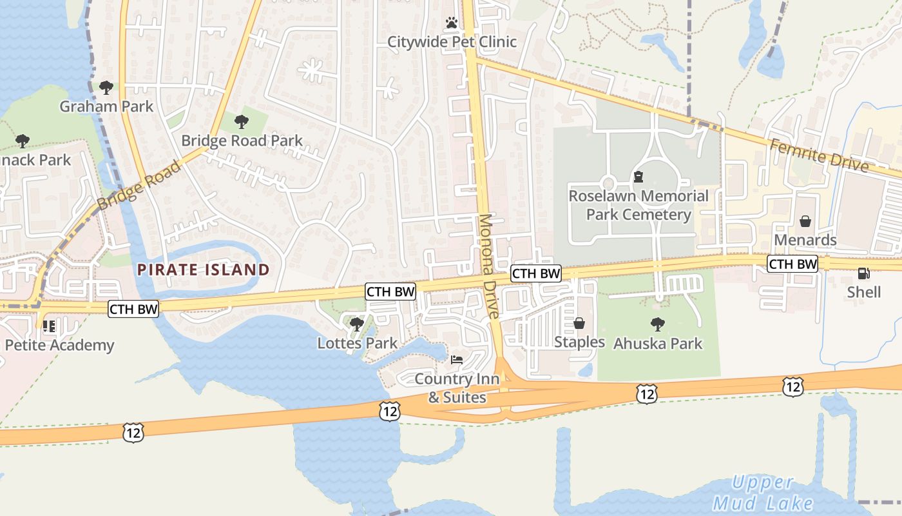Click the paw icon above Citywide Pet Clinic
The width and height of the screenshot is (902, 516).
tap(452, 23)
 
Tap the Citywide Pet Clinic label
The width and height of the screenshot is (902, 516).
tap(452, 42)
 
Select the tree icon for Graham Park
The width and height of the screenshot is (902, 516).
tap(106, 87)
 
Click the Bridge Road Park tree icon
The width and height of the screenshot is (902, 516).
tap(242, 121)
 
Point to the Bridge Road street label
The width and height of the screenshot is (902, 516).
tap(139, 186)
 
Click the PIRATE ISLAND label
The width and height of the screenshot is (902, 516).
tap(203, 270)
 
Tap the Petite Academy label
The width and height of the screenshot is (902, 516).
tap(59, 345)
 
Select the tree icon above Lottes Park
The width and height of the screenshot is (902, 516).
tap(357, 324)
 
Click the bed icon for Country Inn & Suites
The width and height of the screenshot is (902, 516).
tap(457, 359)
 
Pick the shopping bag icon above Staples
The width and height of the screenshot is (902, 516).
tap(579, 322)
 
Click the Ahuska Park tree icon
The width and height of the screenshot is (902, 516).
tap(657, 324)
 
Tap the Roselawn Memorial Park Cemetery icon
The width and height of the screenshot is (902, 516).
tap(638, 176)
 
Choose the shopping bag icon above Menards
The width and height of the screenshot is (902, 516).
tap(805, 221)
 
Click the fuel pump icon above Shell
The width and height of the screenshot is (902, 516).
tap(863, 273)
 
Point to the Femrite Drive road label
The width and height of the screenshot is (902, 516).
tap(819, 155)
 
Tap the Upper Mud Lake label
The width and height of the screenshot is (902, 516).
tap(763, 493)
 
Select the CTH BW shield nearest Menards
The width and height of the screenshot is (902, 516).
tap(792, 264)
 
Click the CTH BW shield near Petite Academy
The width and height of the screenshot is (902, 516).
tap(133, 309)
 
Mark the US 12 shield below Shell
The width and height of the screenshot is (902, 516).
tap(793, 386)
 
